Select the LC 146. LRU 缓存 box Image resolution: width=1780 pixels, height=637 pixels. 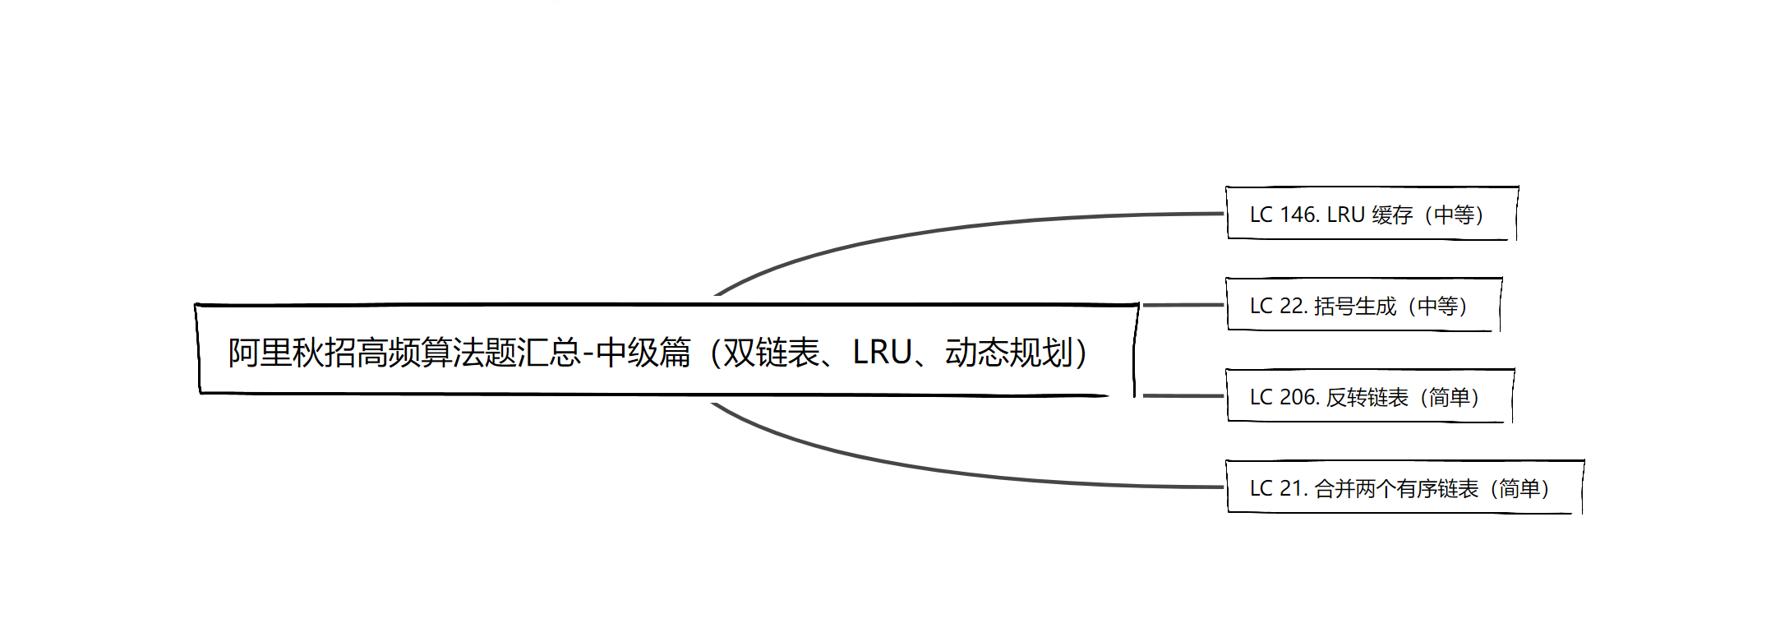(x=1371, y=214)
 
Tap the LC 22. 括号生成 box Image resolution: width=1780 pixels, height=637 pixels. (x=1363, y=305)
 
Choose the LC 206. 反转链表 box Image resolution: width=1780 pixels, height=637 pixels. (x=1369, y=396)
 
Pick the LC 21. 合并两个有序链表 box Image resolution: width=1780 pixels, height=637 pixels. (x=1404, y=487)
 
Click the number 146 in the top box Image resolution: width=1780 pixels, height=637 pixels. (x=1299, y=215)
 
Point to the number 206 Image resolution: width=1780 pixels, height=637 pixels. (x=1299, y=397)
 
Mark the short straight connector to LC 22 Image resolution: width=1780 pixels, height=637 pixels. (x=1183, y=305)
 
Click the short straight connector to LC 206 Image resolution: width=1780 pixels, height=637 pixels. (x=1183, y=396)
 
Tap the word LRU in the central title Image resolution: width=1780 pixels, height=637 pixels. (x=882, y=353)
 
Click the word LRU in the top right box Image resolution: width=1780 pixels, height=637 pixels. (x=1345, y=215)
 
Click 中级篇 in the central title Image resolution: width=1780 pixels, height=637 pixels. (x=643, y=353)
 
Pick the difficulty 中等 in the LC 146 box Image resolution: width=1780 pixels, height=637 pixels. (x=1454, y=215)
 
